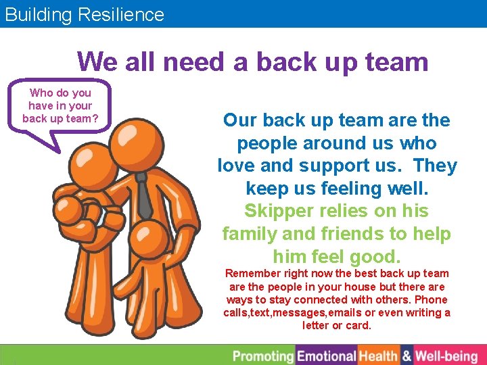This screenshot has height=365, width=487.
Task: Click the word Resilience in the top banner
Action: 122,14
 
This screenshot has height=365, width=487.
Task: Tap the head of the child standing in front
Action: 149,240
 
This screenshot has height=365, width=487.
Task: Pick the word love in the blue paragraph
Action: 241,166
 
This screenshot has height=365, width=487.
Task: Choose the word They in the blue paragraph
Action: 435,166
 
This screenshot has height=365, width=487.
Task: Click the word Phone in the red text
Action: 432,299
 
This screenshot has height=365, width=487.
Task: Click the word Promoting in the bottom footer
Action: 263,356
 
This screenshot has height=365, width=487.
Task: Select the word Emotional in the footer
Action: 327,356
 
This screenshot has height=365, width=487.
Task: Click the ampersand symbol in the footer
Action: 407,356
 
